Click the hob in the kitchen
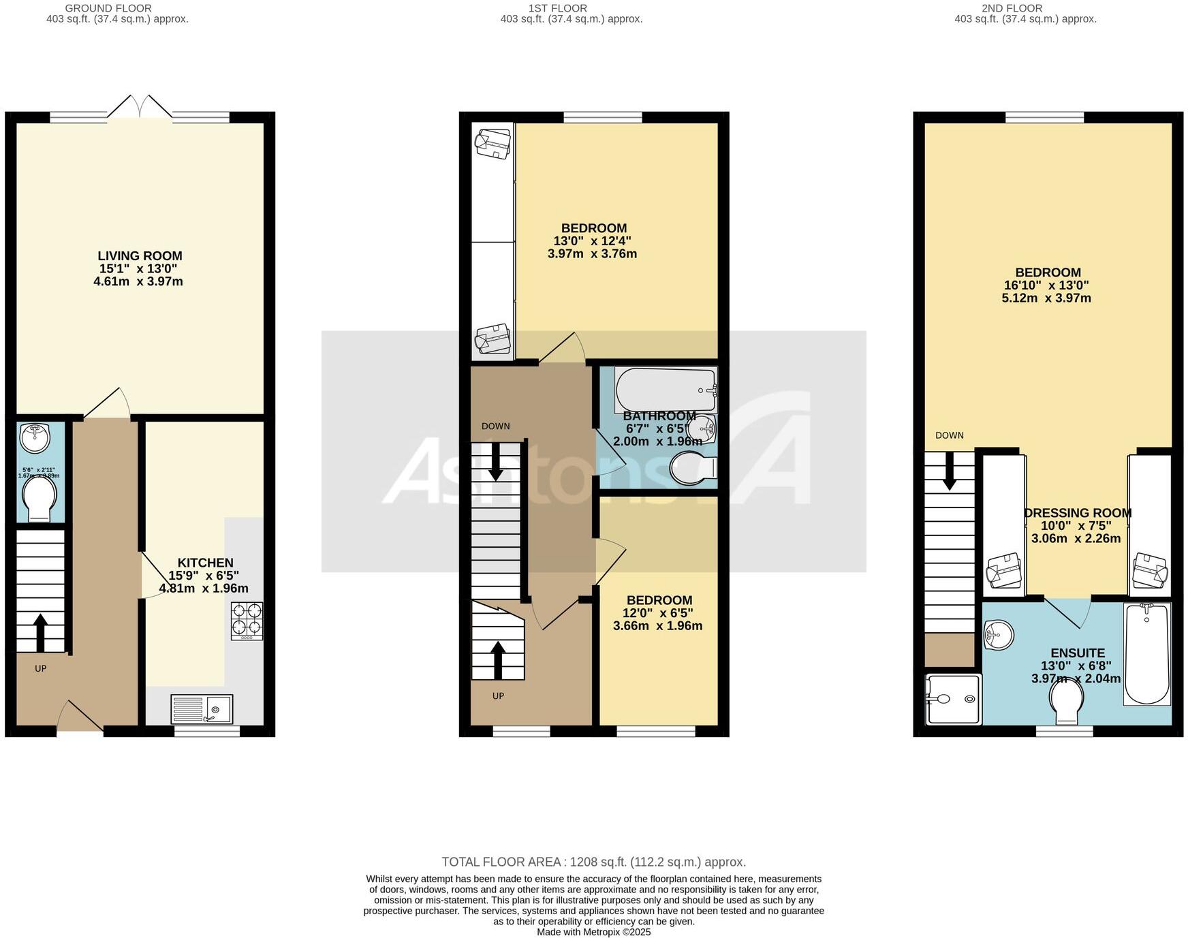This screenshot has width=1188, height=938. click(247, 621)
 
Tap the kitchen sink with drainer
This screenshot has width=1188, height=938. click(202, 709)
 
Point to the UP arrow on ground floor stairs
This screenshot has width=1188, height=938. click(40, 633)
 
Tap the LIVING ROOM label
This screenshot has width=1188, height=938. click(140, 256)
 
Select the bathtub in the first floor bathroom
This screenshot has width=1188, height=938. click(666, 389)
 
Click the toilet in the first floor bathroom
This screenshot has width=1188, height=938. click(693, 469)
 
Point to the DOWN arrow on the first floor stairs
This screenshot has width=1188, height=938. click(496, 461)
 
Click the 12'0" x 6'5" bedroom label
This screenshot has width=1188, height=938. click(659, 613)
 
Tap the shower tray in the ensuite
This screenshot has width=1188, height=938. click(954, 699)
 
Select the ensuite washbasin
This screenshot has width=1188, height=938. click(999, 635)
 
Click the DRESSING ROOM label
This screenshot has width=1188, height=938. click(1078, 513)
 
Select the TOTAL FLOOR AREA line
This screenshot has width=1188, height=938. click(593, 862)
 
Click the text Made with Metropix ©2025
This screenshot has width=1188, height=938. click(593, 932)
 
